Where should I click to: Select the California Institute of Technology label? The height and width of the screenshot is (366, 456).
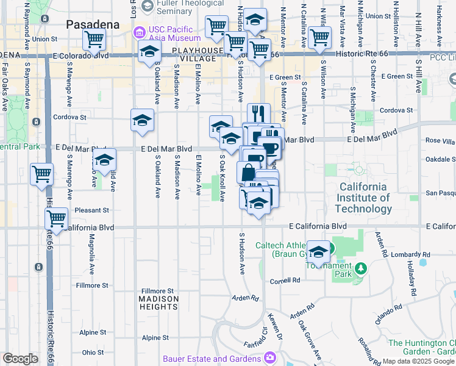(365, 198)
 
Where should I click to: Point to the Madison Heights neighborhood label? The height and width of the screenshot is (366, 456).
(159, 303)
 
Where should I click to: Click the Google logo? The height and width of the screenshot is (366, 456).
(21, 358)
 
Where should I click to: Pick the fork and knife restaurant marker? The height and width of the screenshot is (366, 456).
(258, 113)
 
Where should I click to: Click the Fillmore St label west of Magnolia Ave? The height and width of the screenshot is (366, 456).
(92, 285)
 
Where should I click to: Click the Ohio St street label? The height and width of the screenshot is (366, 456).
(93, 352)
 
